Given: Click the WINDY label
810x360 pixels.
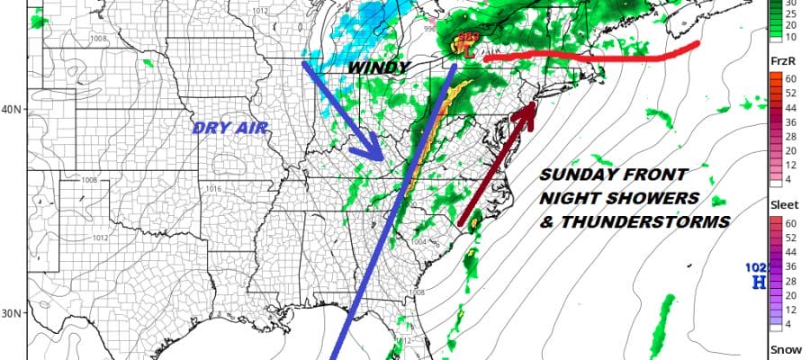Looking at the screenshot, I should click(x=379, y=67).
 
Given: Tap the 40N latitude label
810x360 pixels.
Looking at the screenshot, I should click(x=13, y=110).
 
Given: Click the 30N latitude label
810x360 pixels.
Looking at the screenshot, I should click(x=13, y=314).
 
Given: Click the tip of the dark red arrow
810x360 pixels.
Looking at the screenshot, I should click(x=533, y=105).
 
